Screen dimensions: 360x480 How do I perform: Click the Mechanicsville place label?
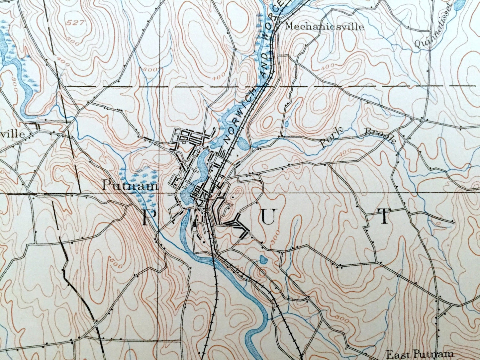click(324, 27)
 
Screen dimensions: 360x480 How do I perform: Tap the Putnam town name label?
click(130, 185)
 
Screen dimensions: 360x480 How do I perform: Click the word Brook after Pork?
click(380, 135)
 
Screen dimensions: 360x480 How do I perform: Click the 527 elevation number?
click(74, 23)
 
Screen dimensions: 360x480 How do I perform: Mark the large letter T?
click(384, 216)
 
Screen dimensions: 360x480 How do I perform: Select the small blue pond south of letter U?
click(263, 260)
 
